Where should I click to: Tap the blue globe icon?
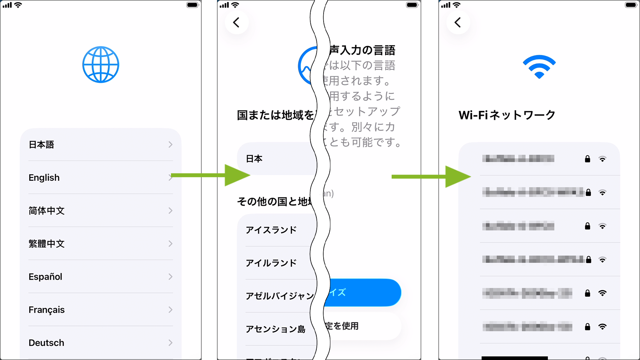point(100,65)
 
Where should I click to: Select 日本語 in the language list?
point(41,145)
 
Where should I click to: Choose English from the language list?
point(44,178)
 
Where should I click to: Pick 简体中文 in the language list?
point(46,211)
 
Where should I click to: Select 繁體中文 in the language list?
point(46,244)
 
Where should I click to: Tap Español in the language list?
point(45,277)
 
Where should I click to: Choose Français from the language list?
point(47,310)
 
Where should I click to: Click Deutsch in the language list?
point(46,343)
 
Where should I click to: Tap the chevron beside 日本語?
point(170,145)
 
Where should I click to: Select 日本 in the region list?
point(254,159)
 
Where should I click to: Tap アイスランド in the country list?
point(271,230)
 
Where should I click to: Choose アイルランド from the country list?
point(271,263)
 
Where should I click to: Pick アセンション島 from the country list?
point(275,329)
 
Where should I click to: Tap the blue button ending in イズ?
point(364,292)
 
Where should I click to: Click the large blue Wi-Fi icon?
point(539,66)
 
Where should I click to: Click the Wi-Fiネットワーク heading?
point(507,115)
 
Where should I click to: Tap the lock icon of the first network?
point(587,159)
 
